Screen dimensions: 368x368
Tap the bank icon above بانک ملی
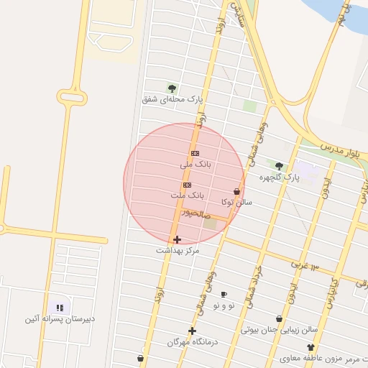pos(195,154)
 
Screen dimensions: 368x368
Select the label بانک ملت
pos(188,195)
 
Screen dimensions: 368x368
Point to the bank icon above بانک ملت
pos(188,185)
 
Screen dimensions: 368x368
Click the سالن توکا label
pos(238,203)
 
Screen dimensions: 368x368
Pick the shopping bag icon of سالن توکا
pos(237,192)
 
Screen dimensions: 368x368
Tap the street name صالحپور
pos(195,213)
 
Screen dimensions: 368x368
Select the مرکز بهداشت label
pos(178,251)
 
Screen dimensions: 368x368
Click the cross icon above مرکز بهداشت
pos(178,239)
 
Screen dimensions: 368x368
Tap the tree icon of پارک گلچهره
pos(279,166)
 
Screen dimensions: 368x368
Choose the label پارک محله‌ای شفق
pos(172,99)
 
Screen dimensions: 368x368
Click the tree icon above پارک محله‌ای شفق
pos(172,88)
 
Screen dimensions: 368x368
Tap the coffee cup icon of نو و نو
pos(224,295)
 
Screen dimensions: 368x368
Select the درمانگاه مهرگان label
pos(192,343)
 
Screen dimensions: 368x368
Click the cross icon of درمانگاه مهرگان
pos(192,331)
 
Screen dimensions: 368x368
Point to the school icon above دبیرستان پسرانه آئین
pos(58,308)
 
